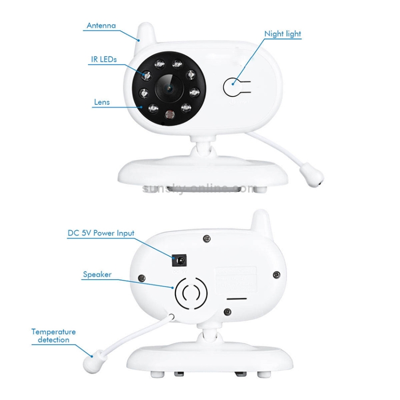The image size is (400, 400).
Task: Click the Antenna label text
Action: point(101,25)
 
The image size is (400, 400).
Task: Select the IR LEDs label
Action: point(103,59)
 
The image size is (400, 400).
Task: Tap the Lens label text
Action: point(101,102)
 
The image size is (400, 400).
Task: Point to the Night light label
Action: point(283,34)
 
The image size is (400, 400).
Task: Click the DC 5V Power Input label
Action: point(101,233)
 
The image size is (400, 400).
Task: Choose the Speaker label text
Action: point(97,275)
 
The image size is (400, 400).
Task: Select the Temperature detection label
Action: point(53,335)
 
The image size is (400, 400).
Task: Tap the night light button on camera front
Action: point(233,87)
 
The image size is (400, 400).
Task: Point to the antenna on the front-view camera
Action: point(145,33)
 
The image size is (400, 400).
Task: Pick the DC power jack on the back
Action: point(180,260)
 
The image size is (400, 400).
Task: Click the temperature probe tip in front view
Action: point(310,177)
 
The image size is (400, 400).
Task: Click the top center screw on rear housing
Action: point(206,238)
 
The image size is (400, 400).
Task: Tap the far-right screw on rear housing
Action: point(276,275)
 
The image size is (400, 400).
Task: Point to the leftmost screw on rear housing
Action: point(142,277)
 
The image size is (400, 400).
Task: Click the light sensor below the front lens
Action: point(170,114)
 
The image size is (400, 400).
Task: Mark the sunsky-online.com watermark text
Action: point(200,188)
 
